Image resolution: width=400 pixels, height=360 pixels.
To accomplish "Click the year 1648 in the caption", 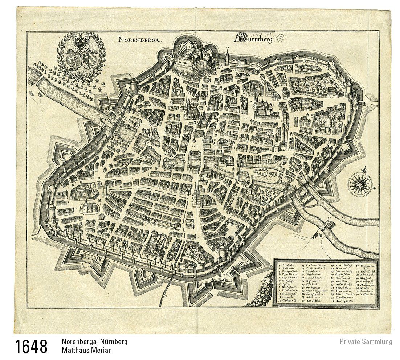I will point(31,347).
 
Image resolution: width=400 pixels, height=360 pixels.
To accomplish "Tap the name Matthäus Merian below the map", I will point(86,350).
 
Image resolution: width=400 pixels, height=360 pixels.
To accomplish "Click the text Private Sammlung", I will point(366,341).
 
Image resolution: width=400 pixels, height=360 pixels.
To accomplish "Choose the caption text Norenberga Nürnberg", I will point(94,342).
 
